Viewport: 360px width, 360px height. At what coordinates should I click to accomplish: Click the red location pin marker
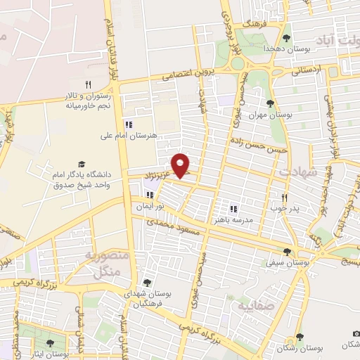coord(181,165)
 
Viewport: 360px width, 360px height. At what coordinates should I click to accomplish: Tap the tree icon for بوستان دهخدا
coord(285,38)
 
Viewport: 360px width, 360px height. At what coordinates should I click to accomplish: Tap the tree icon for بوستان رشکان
coord(300,337)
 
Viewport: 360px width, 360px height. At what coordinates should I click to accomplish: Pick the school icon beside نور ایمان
coord(149,194)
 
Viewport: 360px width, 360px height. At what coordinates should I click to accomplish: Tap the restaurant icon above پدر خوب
coord(285,198)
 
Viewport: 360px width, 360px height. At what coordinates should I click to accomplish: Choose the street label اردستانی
coord(305,70)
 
